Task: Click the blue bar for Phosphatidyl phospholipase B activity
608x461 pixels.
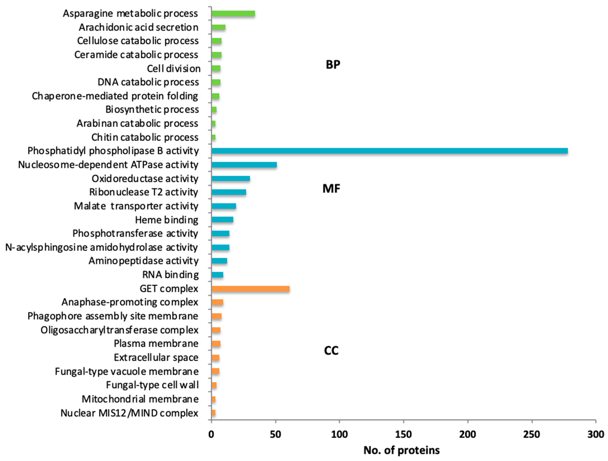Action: [x=389, y=151]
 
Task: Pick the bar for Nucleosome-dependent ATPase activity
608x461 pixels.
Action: [x=244, y=165]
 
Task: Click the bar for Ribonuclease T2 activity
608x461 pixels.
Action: [x=229, y=192]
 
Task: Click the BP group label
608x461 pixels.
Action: [x=333, y=65]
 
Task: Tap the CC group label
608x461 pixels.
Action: [x=331, y=351]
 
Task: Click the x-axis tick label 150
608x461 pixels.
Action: [x=403, y=434]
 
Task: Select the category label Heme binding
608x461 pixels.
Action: [x=167, y=220]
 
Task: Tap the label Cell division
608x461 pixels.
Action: [x=174, y=68]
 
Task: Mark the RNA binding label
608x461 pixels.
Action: [x=170, y=275]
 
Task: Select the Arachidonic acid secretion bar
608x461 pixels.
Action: [x=219, y=27]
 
